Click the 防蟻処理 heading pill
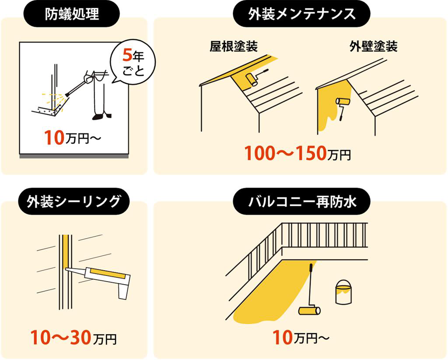[72, 14]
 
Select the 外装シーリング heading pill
[73, 201]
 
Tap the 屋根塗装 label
[234, 46]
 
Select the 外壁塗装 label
[374, 46]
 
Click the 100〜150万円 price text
[297, 153]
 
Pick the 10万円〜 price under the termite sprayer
[72, 138]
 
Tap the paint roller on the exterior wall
[343, 107]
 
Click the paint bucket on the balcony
[343, 292]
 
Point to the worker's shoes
[101, 116]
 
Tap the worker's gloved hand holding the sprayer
[89, 78]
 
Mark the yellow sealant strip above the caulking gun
[66, 251]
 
